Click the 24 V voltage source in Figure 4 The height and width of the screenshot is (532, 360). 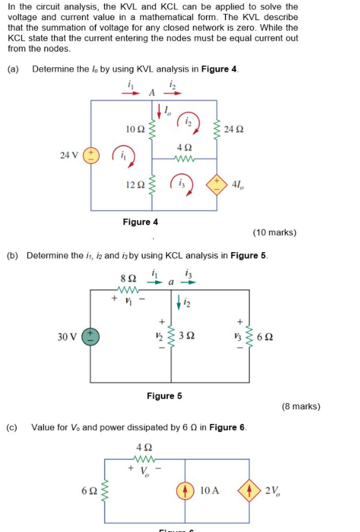[91, 155]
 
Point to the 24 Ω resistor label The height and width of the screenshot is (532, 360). [232, 130]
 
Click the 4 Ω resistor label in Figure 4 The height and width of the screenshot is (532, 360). [184, 148]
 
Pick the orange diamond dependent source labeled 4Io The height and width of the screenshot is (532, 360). [217, 183]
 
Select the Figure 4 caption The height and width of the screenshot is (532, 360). [141, 222]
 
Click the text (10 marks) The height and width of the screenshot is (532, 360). [275, 233]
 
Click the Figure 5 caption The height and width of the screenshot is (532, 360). [164, 396]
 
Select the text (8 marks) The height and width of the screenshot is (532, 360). [300, 406]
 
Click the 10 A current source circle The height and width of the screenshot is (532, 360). [186, 490]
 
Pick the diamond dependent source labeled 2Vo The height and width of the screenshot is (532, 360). [250, 490]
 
